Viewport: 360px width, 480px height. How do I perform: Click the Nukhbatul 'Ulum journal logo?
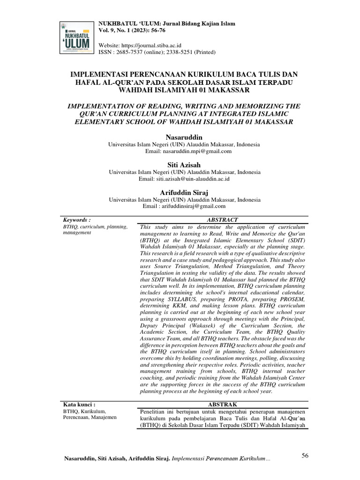[x=76, y=35]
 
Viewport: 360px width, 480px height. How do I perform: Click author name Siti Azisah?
[x=184, y=165]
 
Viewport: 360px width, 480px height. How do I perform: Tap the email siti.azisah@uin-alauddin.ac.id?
[x=197, y=179]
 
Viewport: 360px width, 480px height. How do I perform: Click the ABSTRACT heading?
[x=222, y=220]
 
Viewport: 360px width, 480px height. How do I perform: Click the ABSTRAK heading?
[x=222, y=405]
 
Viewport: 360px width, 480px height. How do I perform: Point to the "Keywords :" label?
[x=76, y=220]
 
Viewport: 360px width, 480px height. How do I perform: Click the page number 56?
[x=305, y=455]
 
